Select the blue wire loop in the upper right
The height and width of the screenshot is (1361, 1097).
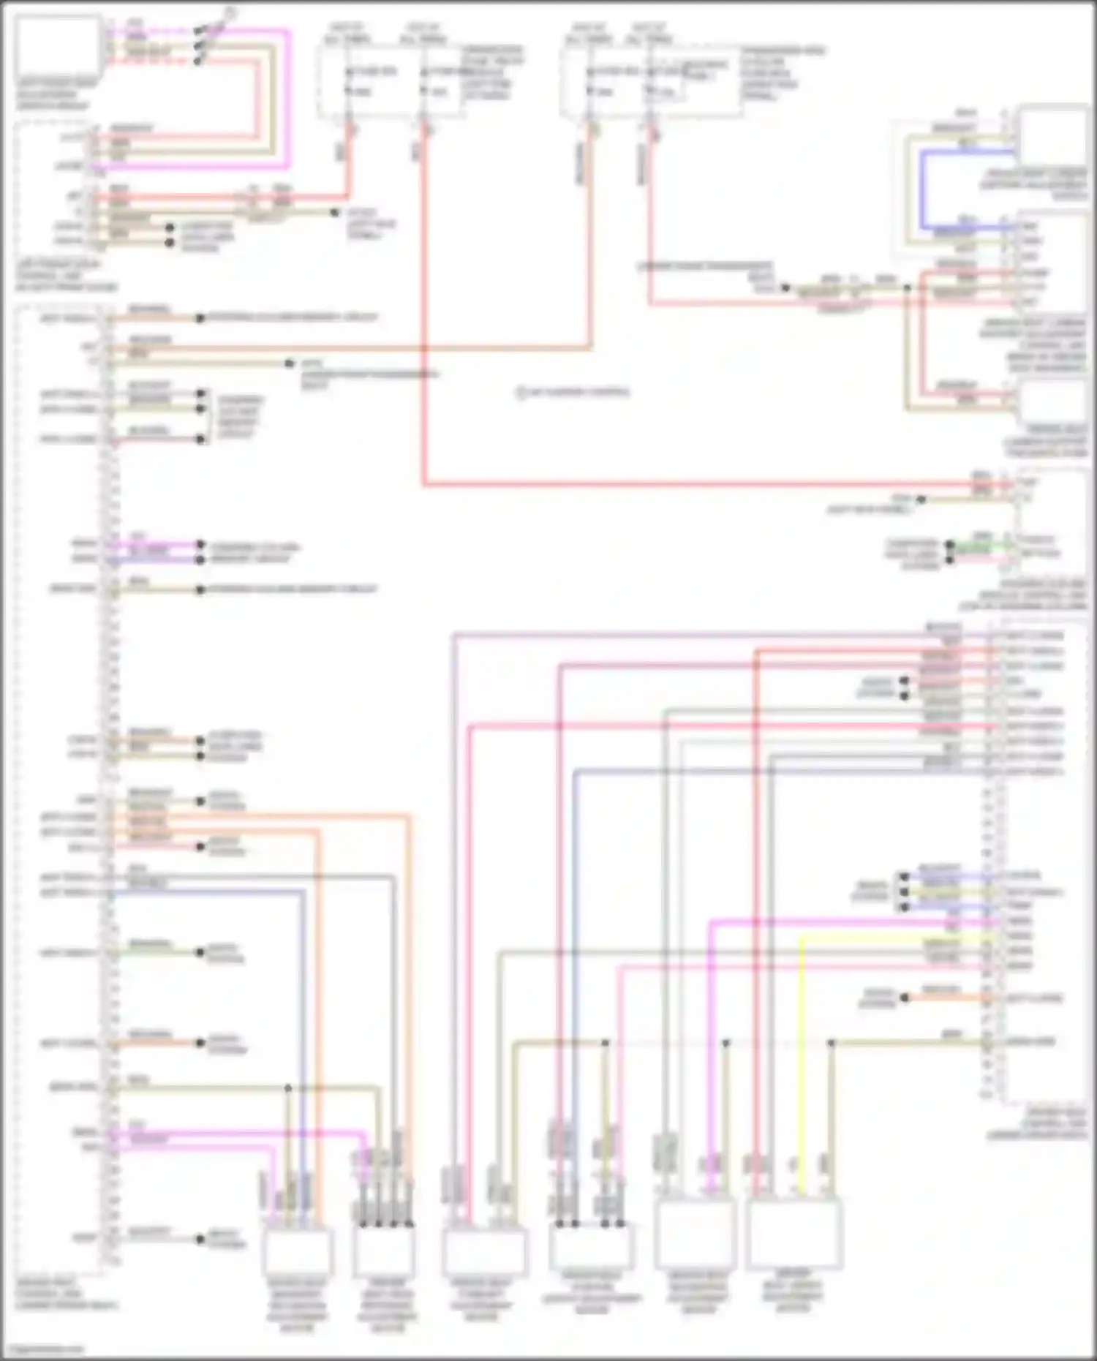(923, 190)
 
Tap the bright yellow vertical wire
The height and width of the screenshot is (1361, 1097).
(802, 1060)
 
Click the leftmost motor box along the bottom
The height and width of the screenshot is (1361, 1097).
(298, 1251)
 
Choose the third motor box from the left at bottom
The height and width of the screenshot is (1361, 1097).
(484, 1251)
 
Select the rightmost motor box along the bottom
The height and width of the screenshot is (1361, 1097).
(793, 1233)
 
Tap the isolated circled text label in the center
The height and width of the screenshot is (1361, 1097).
(573, 392)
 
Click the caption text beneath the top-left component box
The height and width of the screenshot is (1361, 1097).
(53, 94)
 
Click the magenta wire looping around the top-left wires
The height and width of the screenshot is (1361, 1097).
(287, 95)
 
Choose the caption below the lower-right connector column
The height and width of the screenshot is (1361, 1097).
(1037, 1123)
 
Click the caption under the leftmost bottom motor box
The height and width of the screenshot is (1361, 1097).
(297, 1305)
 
